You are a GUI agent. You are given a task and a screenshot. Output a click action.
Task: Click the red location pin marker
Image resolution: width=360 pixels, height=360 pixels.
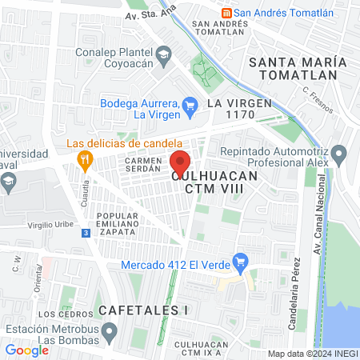(x=181, y=162)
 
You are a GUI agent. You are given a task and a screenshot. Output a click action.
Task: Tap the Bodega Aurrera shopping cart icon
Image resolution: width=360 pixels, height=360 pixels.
(x=190, y=104)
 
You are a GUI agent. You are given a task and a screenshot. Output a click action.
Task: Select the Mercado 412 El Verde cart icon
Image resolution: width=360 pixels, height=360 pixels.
(x=238, y=261)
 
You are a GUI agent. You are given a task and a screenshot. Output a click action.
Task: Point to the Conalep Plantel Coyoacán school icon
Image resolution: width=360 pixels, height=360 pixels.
(x=164, y=54)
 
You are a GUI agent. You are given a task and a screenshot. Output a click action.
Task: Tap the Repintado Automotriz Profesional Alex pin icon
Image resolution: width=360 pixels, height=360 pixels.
(x=340, y=153)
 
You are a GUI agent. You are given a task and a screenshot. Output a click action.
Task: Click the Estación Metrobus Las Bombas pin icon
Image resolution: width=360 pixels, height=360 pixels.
(x=110, y=330)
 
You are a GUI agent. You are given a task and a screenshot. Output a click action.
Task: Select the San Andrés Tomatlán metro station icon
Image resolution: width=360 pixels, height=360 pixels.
(x=227, y=12)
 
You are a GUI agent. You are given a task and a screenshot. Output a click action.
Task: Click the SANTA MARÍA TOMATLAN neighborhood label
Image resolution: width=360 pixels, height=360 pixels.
(x=298, y=69)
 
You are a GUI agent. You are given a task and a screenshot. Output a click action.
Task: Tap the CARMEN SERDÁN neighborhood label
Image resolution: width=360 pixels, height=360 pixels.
(x=145, y=166)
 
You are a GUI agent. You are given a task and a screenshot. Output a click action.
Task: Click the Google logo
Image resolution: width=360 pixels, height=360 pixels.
(x=26, y=350)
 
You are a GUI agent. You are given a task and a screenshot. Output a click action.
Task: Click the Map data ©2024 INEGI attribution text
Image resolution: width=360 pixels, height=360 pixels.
(x=311, y=354)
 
